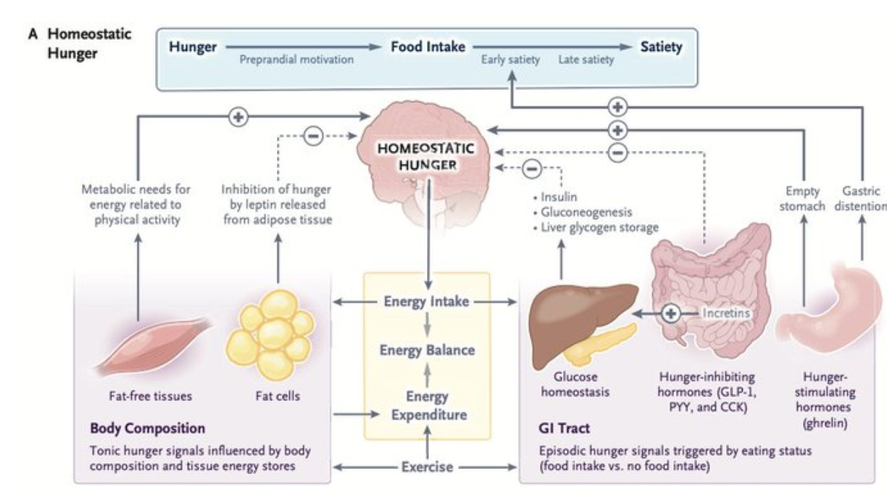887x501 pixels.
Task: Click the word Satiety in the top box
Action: (x=661, y=48)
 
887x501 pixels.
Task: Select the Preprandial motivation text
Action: (x=297, y=60)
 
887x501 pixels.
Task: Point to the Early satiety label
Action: (x=510, y=60)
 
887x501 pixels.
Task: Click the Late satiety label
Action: (x=586, y=60)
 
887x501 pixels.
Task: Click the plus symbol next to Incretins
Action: (x=671, y=313)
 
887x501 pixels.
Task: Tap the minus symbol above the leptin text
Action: (x=313, y=135)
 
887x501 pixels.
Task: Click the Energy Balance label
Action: (x=427, y=350)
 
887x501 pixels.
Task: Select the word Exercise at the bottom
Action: (x=428, y=466)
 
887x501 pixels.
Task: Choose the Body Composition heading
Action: (x=148, y=428)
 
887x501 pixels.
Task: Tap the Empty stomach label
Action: (x=805, y=198)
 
